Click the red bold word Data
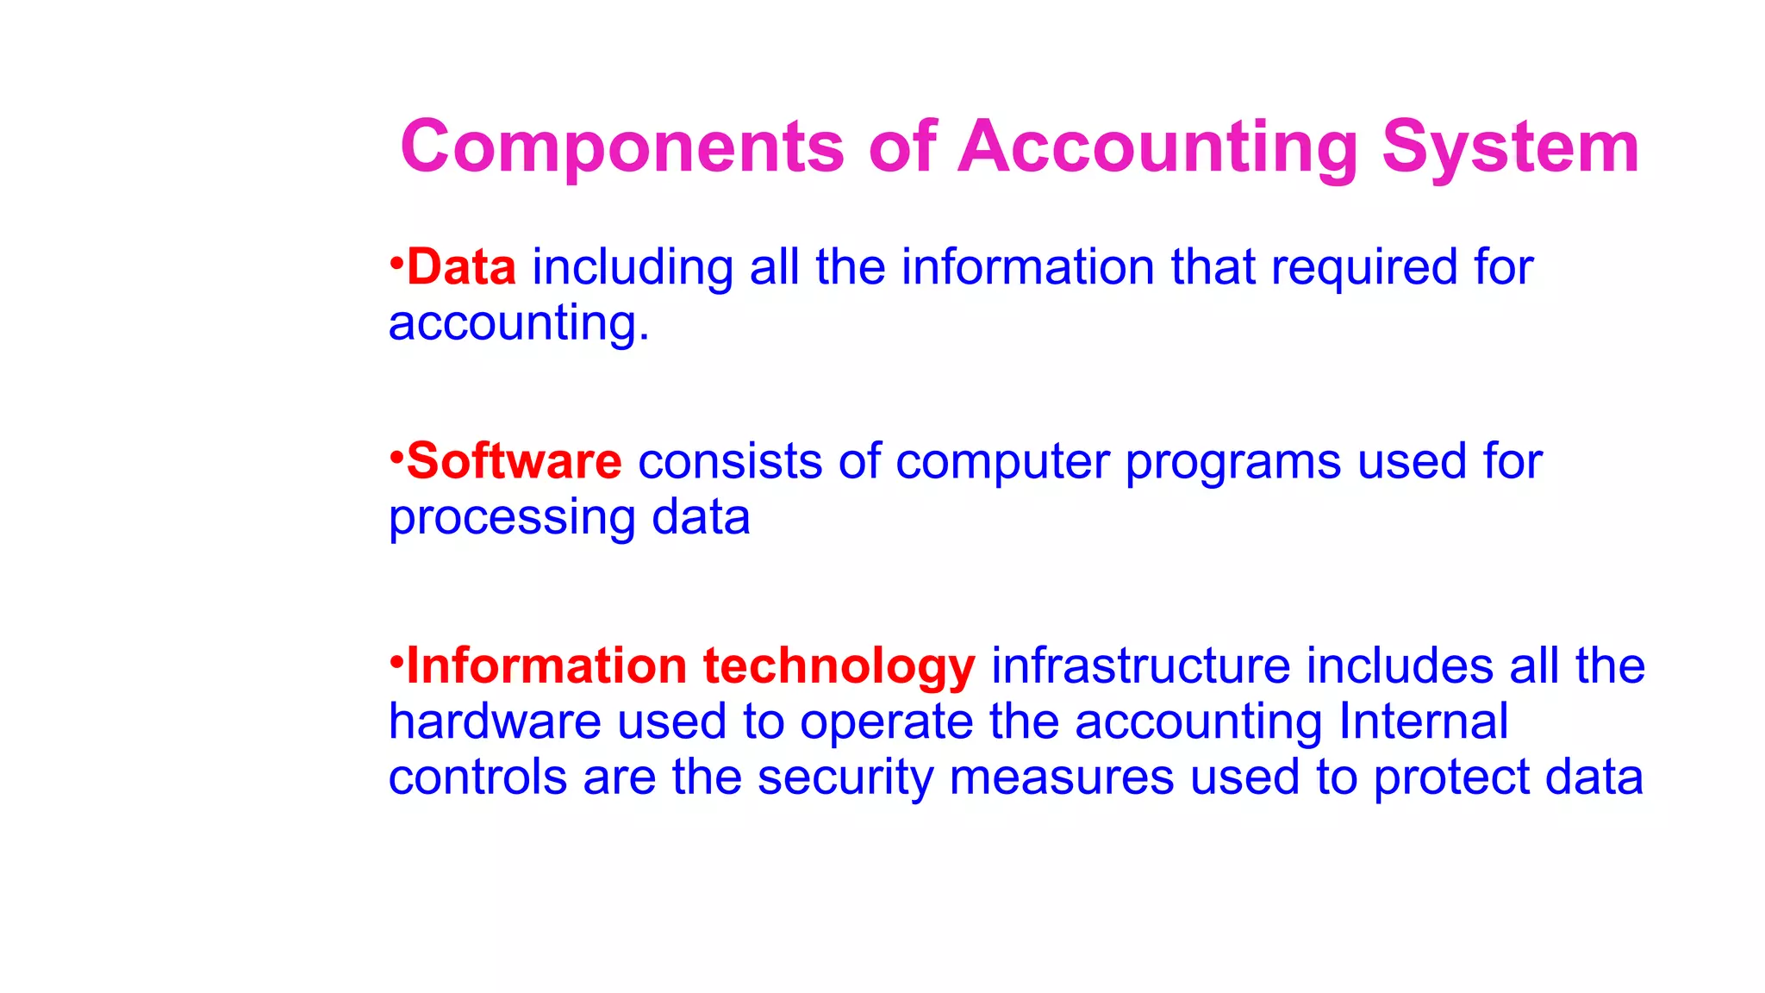[x=461, y=267]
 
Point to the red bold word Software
[x=514, y=461]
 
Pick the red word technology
[x=839, y=667]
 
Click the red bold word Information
[x=546, y=666]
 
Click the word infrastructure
[x=1140, y=666]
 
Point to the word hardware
[x=495, y=721]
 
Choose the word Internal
[x=1423, y=721]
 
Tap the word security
[x=845, y=778]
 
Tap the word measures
[x=1061, y=778]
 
